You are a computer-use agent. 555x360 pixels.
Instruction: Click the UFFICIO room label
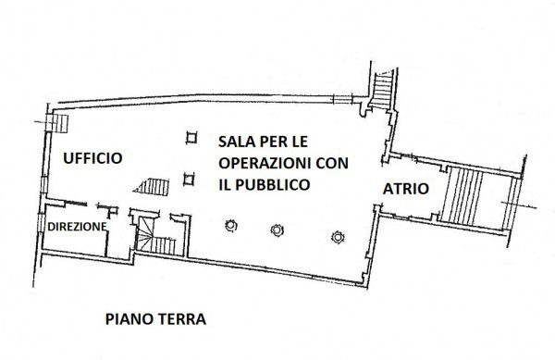click(x=92, y=158)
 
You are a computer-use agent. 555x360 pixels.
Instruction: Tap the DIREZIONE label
click(x=77, y=226)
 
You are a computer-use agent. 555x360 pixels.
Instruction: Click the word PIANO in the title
click(x=129, y=319)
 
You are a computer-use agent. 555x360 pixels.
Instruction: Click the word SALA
click(x=236, y=142)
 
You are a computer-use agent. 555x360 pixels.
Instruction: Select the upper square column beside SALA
click(x=191, y=138)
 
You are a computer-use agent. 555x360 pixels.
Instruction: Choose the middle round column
click(x=276, y=230)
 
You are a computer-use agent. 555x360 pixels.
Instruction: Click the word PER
click(x=272, y=142)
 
